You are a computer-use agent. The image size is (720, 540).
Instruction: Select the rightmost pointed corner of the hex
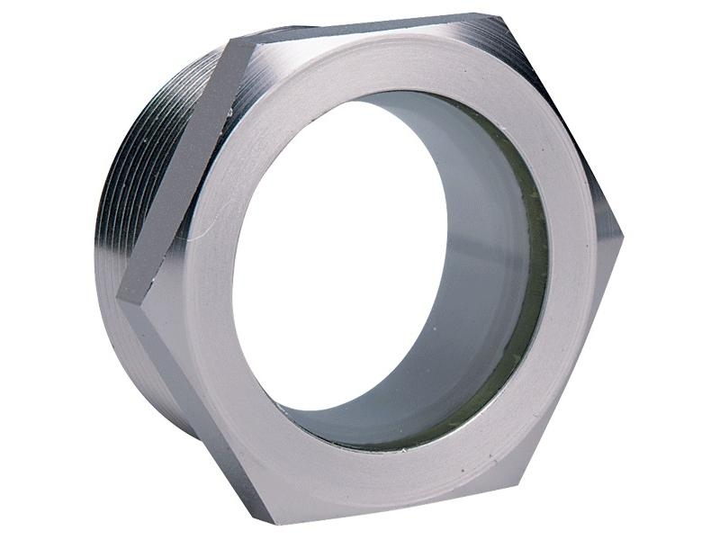622,236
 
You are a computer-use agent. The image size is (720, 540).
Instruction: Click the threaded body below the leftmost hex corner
135,360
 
